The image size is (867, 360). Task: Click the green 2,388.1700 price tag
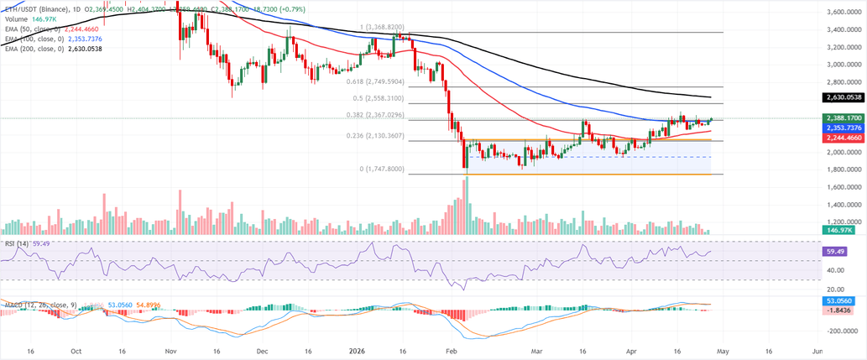[x=841, y=118]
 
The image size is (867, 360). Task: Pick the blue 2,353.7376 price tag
[x=841, y=128]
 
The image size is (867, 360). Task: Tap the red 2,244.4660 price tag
[x=841, y=137]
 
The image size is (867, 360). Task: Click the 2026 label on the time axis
[x=357, y=350]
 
